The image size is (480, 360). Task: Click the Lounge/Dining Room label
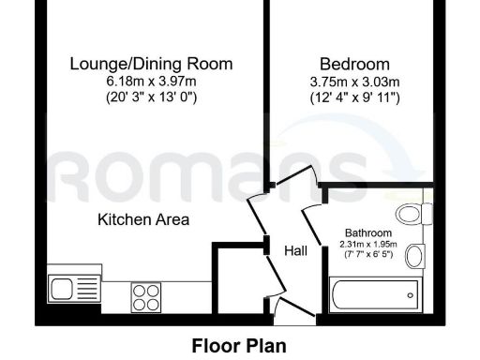(x=152, y=64)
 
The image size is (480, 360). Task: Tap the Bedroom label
(x=354, y=64)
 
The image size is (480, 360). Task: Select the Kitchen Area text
(x=143, y=220)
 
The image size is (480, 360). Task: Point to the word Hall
(x=297, y=250)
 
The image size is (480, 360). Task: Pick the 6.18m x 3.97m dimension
(x=152, y=81)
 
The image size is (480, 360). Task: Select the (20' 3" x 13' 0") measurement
(x=152, y=97)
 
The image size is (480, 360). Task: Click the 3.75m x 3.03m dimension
(x=354, y=81)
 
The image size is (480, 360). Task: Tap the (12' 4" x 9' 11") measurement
(x=354, y=97)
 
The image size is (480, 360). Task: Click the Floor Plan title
(x=239, y=345)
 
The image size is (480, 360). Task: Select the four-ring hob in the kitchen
(x=146, y=297)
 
